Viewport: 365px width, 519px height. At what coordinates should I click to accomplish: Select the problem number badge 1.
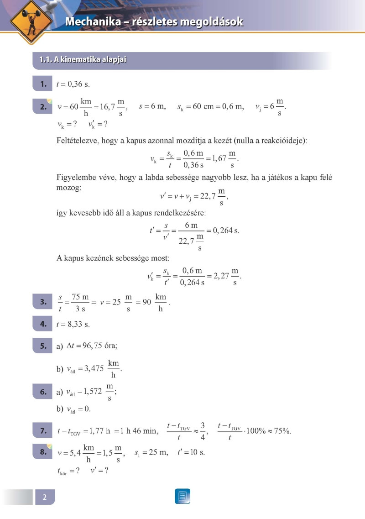[x=44, y=84]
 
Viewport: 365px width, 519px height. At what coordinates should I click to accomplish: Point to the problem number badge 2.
[x=44, y=107]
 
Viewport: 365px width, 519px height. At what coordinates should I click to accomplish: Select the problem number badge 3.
[x=44, y=302]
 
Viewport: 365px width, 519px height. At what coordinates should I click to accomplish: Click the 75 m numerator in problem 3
[x=80, y=297]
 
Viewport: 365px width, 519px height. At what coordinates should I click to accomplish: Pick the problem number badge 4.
[x=44, y=324]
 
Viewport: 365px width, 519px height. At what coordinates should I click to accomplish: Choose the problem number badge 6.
[x=44, y=391]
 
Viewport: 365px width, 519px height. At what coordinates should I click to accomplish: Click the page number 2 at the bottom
[x=45, y=497]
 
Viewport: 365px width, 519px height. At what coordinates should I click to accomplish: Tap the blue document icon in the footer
[x=182, y=496]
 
